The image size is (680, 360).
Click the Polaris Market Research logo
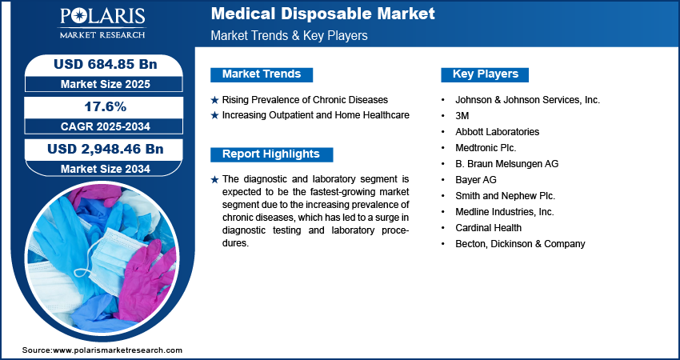coord(102,22)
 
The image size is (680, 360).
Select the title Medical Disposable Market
coord(322,14)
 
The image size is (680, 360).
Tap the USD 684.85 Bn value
coord(105,64)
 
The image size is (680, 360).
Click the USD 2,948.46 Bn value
coord(105,150)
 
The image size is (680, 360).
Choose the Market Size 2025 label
coord(105,84)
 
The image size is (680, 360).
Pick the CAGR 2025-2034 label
coord(105,126)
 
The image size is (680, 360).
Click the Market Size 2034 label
coord(105,169)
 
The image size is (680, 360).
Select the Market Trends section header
coord(262,74)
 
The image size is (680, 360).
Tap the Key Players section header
coord(486,74)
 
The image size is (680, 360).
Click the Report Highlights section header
coord(271,154)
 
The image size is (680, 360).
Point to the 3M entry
coord(462,116)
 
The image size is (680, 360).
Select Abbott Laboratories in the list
coord(497,132)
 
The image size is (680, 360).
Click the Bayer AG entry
coord(476,180)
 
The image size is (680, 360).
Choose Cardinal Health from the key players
coord(488,228)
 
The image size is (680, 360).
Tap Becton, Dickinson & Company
coord(520,244)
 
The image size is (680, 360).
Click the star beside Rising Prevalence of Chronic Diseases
coord(214,100)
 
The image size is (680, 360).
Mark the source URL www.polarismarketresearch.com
coord(118,350)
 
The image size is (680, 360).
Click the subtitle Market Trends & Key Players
coord(290,35)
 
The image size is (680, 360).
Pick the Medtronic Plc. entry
coord(486,148)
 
